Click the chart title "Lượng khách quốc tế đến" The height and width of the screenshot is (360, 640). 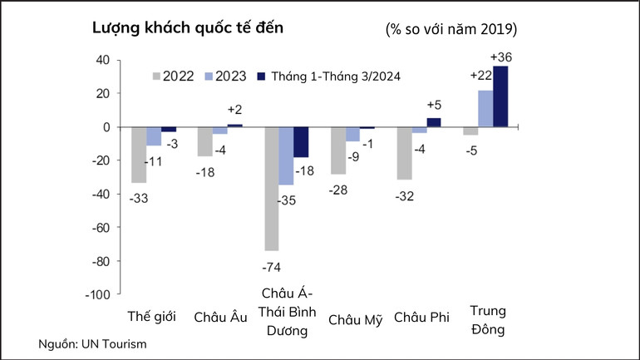(189, 27)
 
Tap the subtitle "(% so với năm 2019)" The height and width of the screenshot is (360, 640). (451, 29)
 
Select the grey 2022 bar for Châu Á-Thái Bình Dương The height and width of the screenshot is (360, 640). (272, 189)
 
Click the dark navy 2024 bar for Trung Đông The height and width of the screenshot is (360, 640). (500, 96)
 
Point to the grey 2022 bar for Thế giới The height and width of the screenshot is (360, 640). (139, 155)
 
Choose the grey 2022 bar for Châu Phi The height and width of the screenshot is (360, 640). (405, 154)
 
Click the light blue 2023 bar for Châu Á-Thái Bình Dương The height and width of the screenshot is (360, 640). (287, 156)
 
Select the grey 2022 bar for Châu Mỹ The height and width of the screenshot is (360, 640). (338, 150)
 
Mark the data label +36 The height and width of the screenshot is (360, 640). (501, 57)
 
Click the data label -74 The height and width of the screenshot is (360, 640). (272, 267)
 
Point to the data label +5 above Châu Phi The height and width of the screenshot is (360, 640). (435, 105)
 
